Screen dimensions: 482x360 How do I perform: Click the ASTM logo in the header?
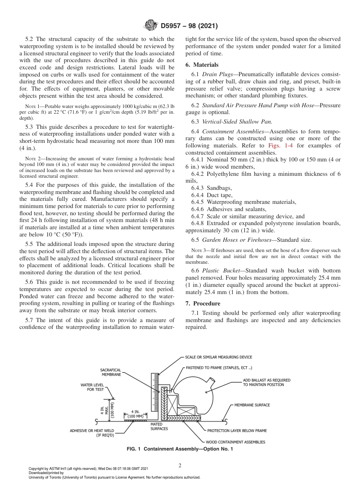[152, 26]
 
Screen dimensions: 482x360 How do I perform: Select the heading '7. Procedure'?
[203, 304]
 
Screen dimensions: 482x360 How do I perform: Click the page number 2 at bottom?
[180, 466]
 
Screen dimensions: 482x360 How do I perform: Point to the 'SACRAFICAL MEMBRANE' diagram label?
[111, 372]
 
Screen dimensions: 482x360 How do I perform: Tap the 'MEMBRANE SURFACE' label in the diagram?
[252, 405]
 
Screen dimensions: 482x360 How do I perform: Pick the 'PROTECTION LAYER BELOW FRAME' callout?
[237, 431]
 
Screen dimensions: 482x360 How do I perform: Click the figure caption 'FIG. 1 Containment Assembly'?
[180, 449]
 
